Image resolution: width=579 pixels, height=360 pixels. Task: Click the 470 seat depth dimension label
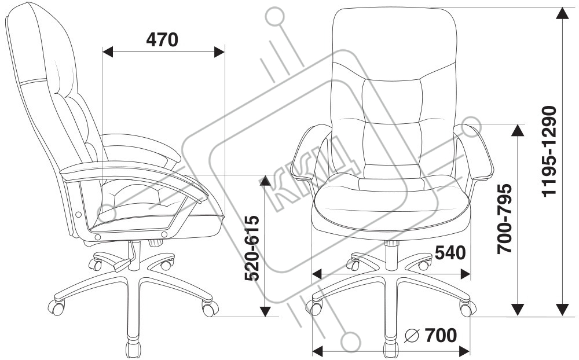162,39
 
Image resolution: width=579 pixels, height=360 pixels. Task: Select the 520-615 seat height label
251,248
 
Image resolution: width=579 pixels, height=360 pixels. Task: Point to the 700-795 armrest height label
505,219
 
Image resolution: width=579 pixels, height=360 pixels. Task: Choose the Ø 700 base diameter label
431,335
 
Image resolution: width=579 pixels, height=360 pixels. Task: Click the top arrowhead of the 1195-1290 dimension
562,13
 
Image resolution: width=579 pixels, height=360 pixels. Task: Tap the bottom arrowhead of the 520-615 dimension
265,311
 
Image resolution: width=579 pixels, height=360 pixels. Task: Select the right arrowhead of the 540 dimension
465,273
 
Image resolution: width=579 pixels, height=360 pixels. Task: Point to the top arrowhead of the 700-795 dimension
518,130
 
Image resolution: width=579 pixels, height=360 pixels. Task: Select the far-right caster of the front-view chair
467,308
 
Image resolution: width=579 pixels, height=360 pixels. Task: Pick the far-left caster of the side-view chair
56,307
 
